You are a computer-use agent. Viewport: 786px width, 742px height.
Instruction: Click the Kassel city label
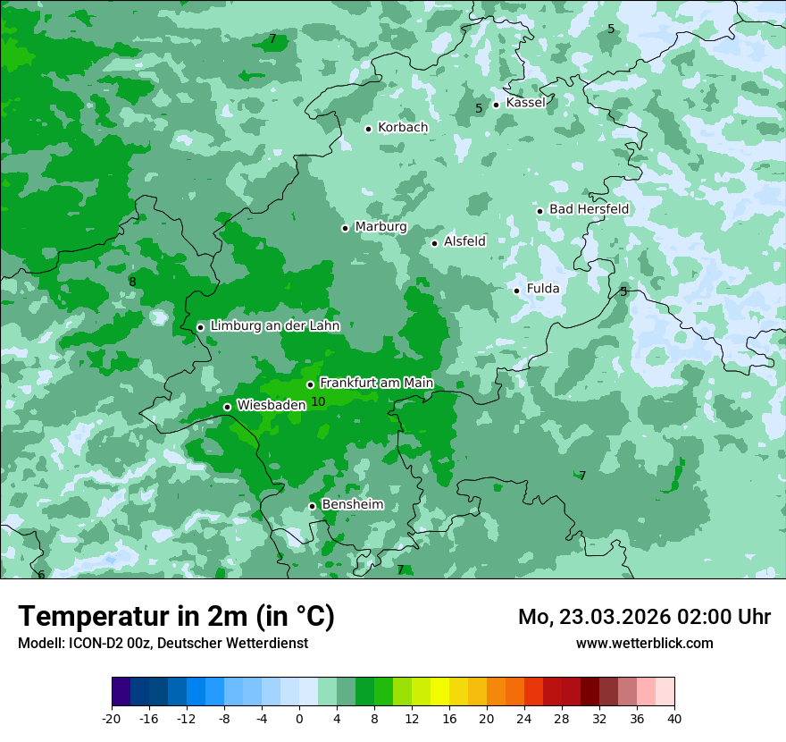[525, 103]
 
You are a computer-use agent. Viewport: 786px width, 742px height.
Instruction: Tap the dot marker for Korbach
[368, 129]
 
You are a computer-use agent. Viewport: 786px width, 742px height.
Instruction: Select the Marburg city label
[380, 227]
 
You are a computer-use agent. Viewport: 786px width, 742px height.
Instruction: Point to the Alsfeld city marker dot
[435, 243]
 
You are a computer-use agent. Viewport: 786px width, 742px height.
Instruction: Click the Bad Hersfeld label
[589, 209]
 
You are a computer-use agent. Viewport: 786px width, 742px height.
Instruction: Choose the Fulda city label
[543, 289]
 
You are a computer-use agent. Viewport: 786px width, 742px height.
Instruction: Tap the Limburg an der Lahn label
[274, 326]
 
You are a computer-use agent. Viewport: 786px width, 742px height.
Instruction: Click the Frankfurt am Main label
[376, 384]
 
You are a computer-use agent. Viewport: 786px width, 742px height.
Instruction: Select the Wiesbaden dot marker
[228, 407]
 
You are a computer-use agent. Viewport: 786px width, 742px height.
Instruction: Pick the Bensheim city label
[352, 505]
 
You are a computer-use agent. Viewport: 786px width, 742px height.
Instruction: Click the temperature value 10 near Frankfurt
[318, 401]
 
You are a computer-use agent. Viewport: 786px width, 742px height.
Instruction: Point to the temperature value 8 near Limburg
[132, 282]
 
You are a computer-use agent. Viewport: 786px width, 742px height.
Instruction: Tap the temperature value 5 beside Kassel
[479, 108]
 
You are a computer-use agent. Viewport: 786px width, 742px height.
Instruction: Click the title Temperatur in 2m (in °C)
[176, 617]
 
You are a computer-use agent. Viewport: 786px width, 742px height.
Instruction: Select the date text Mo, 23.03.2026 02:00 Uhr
[644, 617]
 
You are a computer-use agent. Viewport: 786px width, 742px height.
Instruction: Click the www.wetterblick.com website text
[644, 643]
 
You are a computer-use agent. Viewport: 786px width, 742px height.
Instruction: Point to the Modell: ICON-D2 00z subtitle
[163, 643]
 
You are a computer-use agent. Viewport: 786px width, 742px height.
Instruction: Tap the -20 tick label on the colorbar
[112, 719]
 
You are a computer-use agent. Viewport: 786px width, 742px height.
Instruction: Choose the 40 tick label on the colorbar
[674, 719]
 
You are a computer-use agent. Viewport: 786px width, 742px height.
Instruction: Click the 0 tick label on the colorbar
[299, 719]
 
